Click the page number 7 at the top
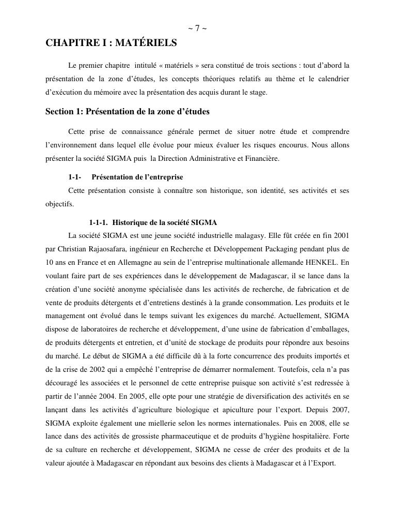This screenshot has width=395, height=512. point(197,28)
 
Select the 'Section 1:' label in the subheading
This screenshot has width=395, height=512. point(64,111)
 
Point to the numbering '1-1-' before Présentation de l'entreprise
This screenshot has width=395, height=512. point(75,177)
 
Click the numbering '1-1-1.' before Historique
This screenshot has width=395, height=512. point(98,223)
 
